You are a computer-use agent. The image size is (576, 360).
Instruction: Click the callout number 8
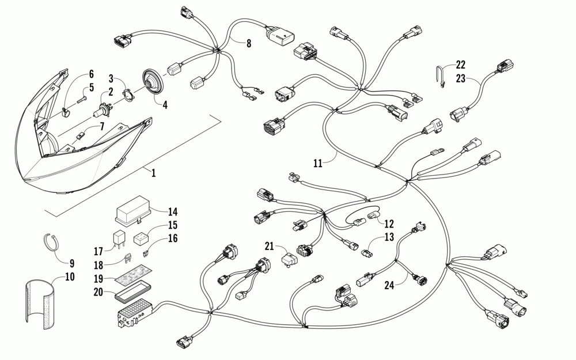tap(249, 43)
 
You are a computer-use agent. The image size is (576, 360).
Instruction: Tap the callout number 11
tap(317, 163)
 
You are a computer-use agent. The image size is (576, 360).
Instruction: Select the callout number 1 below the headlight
tap(153, 172)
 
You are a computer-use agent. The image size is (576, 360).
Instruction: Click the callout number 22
tap(460, 65)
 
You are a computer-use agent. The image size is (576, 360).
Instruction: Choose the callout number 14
tap(173, 211)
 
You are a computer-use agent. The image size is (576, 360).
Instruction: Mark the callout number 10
tap(70, 277)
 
